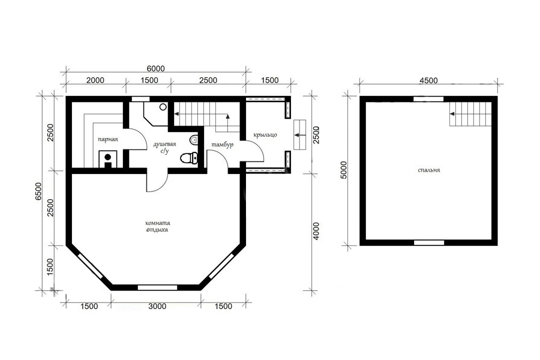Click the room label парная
[x=108, y=140]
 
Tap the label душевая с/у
[x=164, y=148]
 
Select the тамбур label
[x=223, y=145]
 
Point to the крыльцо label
[x=265, y=134]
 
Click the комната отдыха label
[x=157, y=226]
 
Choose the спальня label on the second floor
[x=429, y=170]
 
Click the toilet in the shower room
[x=189, y=158]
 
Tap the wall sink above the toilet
[x=194, y=140]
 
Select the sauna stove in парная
[x=108, y=159]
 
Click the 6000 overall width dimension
[x=156, y=68]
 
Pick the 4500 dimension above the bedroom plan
[x=428, y=80]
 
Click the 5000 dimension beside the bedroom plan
[x=344, y=170]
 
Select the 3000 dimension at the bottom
[x=157, y=306]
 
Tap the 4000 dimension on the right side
[x=316, y=231]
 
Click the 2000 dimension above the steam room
[x=95, y=80]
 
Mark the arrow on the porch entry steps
[x=299, y=135]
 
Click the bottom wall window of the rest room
[x=157, y=287]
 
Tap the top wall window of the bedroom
[x=428, y=99]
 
